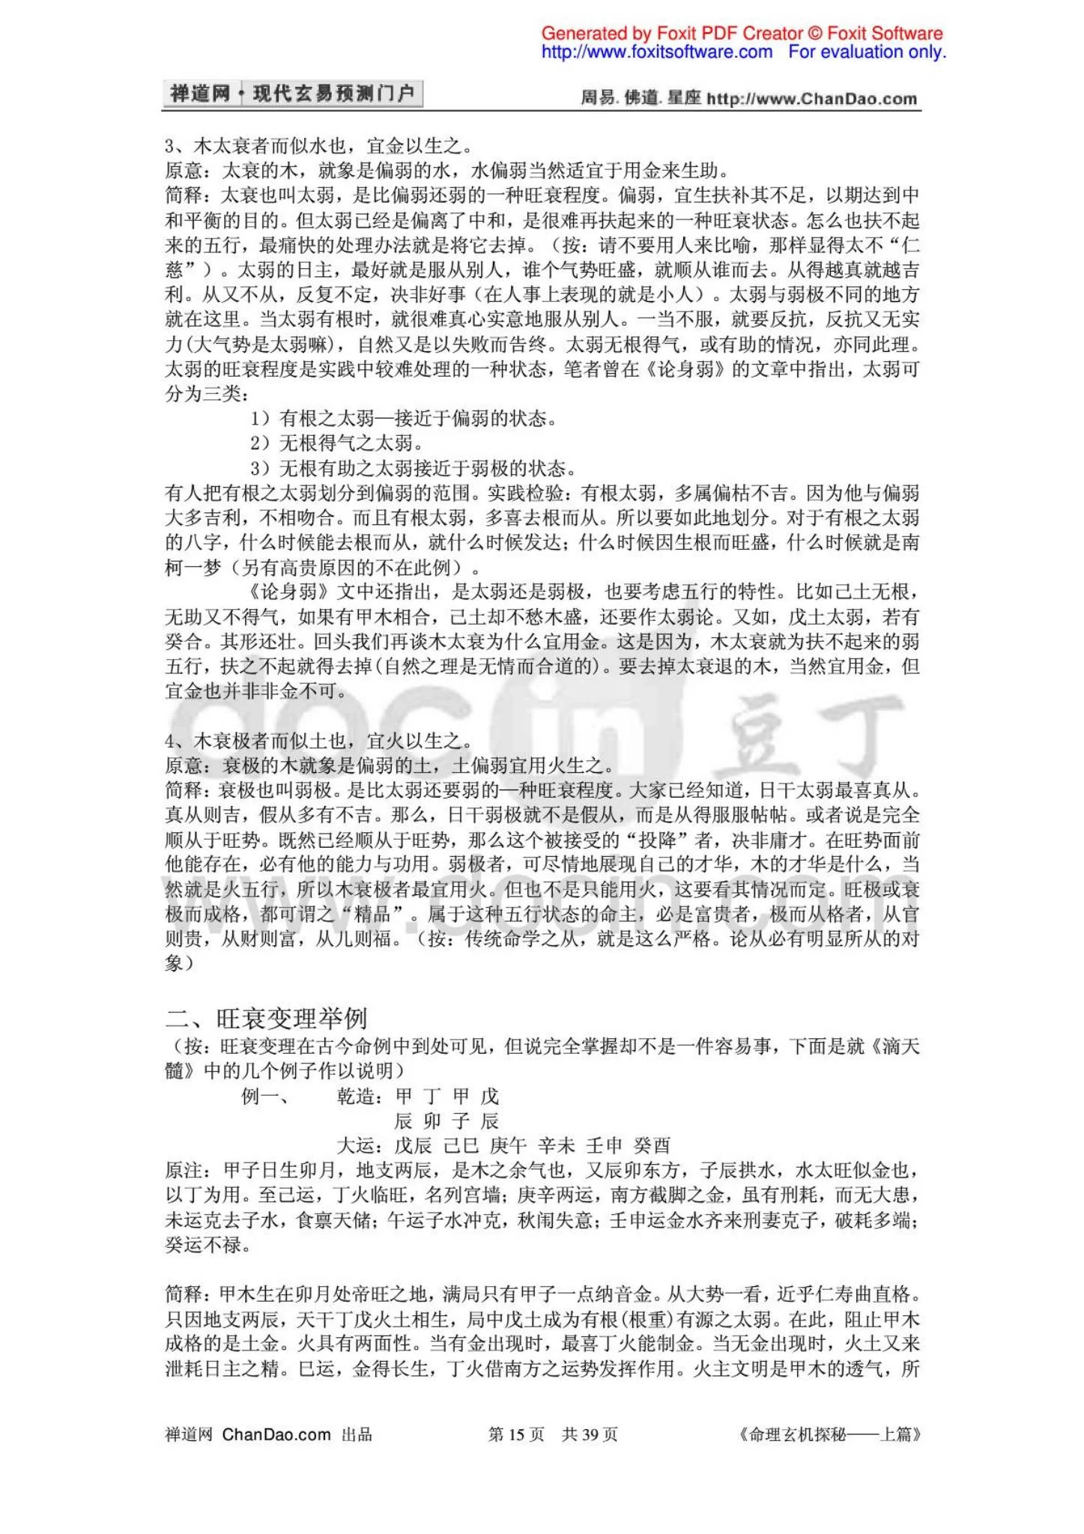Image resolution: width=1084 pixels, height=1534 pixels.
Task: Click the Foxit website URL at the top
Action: pyautogui.click(x=656, y=52)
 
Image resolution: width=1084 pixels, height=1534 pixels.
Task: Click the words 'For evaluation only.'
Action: pyautogui.click(x=867, y=52)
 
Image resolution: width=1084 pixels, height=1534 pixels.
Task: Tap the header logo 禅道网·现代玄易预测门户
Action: pyautogui.click(x=292, y=94)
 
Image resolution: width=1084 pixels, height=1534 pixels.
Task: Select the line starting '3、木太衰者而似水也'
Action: pyautogui.click(x=318, y=145)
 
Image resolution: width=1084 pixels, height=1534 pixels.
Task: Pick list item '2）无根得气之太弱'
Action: pyautogui.click(x=336, y=443)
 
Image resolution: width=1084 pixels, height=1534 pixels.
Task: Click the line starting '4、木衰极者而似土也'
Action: pyautogui.click(x=318, y=741)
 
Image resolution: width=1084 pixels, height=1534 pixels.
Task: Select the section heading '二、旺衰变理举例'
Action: pyautogui.click(x=266, y=1018)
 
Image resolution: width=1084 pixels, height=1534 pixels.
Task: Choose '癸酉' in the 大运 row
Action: pyautogui.click(x=652, y=1145)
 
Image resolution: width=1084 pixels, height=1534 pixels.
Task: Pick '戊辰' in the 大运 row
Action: pyautogui.click(x=413, y=1145)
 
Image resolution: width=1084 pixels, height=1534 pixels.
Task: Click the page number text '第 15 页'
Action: pyautogui.click(x=516, y=1434)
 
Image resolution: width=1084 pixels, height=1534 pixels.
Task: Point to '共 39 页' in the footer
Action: pyautogui.click(x=590, y=1434)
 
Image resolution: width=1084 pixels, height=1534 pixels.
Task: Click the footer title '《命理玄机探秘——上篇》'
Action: pyautogui.click(x=829, y=1434)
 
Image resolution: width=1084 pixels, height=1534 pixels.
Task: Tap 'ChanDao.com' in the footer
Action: pyautogui.click(x=276, y=1434)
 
